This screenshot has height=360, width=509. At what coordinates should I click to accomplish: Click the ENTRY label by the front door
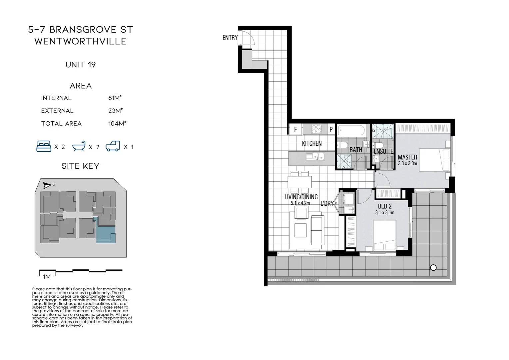click(230, 38)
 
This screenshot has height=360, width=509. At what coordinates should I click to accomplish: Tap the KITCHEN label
click(311, 143)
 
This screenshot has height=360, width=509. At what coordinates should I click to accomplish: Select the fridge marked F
click(295, 129)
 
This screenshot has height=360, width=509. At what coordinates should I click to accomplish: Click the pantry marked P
click(331, 129)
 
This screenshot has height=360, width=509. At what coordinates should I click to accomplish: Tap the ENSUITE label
click(383, 151)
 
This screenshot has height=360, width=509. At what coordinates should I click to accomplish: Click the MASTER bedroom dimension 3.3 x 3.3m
click(407, 163)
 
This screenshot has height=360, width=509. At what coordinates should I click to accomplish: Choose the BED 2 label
click(385, 206)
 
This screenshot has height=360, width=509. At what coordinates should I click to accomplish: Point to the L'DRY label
click(327, 203)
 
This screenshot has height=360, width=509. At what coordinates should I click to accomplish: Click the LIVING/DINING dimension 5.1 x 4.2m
click(300, 203)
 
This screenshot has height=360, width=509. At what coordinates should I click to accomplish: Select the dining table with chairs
click(300, 182)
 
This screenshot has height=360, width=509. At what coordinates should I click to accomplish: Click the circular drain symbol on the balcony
click(433, 267)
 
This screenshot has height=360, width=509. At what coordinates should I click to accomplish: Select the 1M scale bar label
click(47, 277)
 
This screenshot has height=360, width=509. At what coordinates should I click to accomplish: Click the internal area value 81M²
click(115, 98)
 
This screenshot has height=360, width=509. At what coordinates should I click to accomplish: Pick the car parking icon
click(113, 146)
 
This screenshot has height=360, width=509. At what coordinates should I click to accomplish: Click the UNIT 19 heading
click(81, 65)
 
